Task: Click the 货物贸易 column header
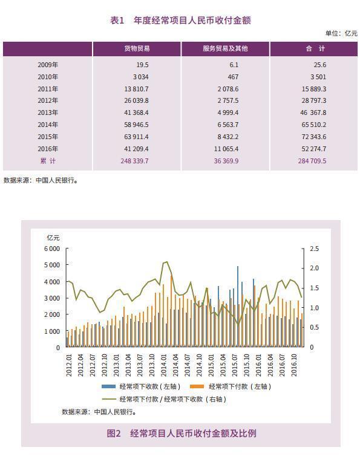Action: [137, 48]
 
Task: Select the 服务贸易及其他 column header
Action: [225, 48]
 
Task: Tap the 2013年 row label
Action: [48, 112]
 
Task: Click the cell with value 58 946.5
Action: [136, 125]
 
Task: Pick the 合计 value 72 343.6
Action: [314, 137]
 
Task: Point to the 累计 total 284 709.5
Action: [312, 161]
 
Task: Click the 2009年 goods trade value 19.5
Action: [142, 65]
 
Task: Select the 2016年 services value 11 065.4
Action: [226, 149]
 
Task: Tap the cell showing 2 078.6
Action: [228, 89]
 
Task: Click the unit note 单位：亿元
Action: [341, 33]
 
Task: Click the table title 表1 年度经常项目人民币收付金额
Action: [180, 20]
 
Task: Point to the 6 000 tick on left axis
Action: [52, 249]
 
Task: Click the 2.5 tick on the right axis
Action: [314, 249]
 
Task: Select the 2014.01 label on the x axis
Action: [163, 365]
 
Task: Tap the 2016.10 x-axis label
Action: [294, 365]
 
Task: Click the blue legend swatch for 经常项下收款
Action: [108, 386]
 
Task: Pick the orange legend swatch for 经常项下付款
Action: [197, 386]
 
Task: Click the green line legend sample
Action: [109, 399]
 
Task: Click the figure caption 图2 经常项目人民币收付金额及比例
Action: [182, 433]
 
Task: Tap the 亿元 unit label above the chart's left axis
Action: [53, 238]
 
